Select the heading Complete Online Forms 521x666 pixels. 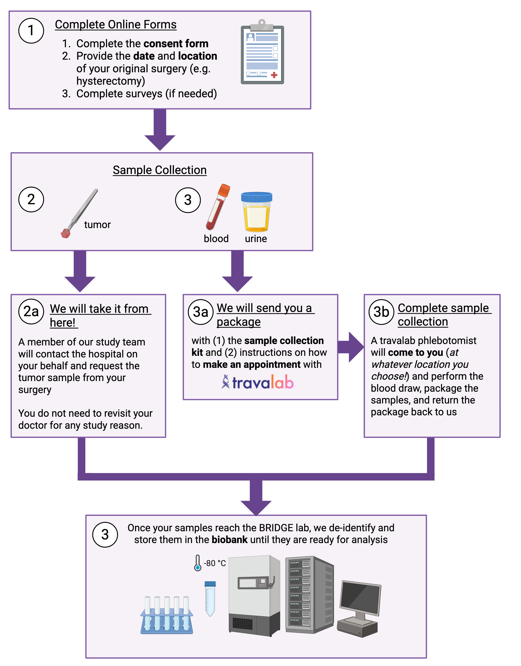coord(116,24)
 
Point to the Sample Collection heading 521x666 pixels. coord(160,170)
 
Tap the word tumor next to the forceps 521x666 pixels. coord(97,225)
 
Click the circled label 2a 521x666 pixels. coord(31,311)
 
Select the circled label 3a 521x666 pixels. coord(200,312)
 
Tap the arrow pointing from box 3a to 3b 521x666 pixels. coord(351,347)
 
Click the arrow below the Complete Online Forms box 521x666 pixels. coord(160,130)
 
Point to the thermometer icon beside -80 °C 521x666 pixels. coord(198,563)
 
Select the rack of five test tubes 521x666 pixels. coord(167,615)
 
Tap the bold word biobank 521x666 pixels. coord(229,540)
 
